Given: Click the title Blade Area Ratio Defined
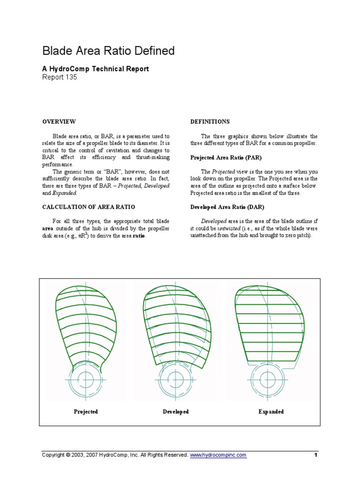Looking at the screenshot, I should pyautogui.click(x=108, y=51).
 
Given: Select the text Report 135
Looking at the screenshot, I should pyautogui.click(x=60, y=77).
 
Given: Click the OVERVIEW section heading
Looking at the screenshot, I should pyautogui.click(x=59, y=121).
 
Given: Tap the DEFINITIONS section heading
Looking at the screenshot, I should pyautogui.click(x=210, y=121).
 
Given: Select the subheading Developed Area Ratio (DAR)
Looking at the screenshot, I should pyautogui.click(x=224, y=207).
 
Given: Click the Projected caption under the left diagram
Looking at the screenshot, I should pyautogui.click(x=86, y=412).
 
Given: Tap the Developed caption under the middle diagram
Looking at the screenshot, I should pyautogui.click(x=176, y=412).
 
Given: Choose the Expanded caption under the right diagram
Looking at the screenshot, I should pyautogui.click(x=271, y=412).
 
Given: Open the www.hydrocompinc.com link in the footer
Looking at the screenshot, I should pyautogui.click(x=218, y=455).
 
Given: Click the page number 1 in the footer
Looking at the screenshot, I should pyautogui.click(x=316, y=455).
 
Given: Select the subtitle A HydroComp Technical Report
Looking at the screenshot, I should pyautogui.click(x=96, y=69).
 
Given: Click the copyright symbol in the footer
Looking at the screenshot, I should pyautogui.click(x=67, y=455).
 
